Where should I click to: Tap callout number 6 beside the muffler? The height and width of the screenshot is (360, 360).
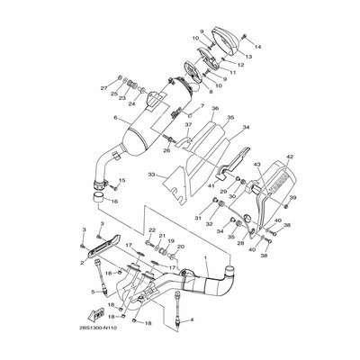115,118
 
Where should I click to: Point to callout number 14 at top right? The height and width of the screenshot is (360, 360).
257,46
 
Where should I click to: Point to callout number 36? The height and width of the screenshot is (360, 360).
215,109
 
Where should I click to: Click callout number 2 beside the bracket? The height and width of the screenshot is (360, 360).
83,264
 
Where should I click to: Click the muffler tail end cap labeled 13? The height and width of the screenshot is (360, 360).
230,38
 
